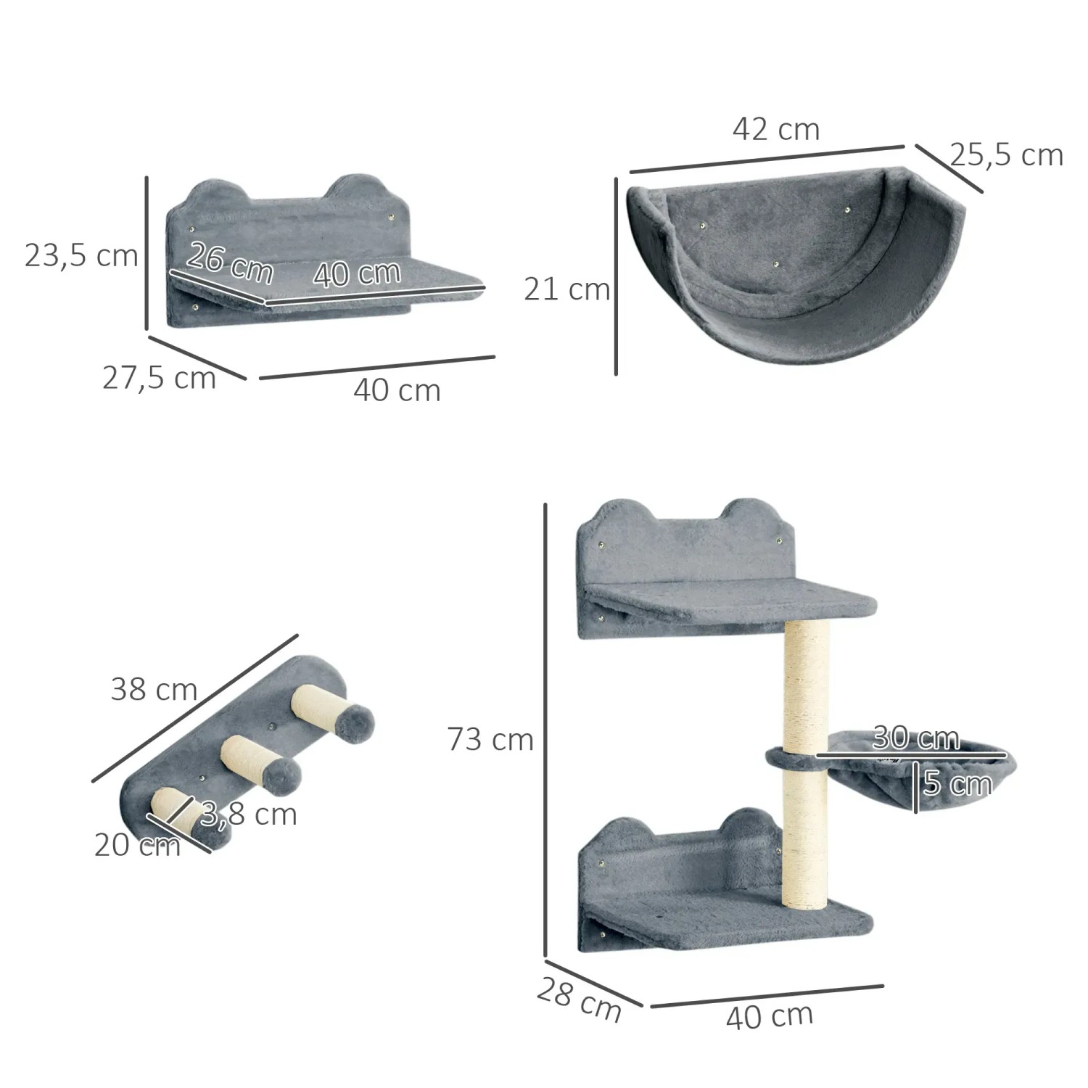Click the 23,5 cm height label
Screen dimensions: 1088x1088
pos(81,256)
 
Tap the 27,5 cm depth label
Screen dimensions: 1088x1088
pos(159,378)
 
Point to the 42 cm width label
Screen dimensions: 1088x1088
pos(776,130)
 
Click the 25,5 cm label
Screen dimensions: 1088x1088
pos(1006,155)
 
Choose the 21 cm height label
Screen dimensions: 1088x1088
pos(566,289)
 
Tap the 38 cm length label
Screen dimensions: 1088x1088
pos(154,689)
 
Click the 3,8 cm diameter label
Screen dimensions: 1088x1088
pos(249,815)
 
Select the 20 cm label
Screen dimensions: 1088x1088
pos(136,846)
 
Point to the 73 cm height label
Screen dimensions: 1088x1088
pos(490,740)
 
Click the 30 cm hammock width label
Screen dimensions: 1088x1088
pos(915,738)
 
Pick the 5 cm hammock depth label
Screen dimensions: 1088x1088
pos(957,784)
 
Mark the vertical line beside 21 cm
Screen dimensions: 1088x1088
pos(616,276)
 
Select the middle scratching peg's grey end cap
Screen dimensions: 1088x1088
pos(281,777)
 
